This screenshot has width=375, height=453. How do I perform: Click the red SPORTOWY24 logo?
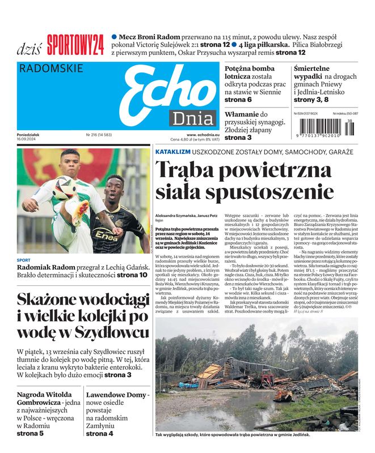tap(75, 45)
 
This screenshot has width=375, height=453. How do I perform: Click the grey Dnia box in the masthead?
tap(193, 119)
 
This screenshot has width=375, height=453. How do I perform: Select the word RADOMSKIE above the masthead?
tap(51, 69)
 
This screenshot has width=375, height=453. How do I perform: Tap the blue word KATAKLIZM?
tap(172, 152)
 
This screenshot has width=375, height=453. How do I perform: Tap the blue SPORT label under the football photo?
tap(24, 260)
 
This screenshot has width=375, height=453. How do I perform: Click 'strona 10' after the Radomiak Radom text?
tap(135, 275)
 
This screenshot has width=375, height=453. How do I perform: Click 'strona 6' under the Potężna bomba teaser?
tap(238, 100)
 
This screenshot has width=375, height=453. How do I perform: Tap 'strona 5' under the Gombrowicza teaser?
tap(30, 433)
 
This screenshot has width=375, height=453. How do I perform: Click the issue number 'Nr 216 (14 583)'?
tap(99, 135)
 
